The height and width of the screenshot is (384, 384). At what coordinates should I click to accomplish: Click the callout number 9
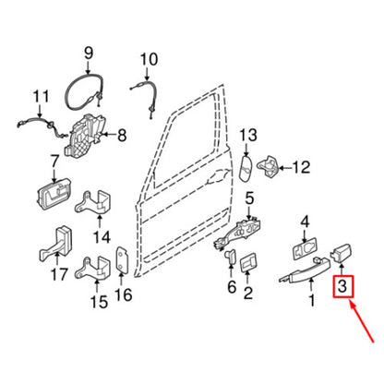[89, 54]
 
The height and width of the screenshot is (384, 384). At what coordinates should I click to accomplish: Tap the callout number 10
[149, 59]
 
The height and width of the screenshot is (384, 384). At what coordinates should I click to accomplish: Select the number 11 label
[41, 97]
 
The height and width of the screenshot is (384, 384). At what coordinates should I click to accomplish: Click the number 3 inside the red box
[342, 286]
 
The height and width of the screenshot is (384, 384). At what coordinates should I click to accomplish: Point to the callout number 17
[59, 274]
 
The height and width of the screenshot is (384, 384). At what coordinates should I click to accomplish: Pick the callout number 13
[248, 135]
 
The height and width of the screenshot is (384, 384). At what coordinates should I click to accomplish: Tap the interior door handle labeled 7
[54, 194]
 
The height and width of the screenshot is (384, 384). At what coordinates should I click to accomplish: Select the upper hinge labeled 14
[93, 202]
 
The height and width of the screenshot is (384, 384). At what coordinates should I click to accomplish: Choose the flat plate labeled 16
[122, 260]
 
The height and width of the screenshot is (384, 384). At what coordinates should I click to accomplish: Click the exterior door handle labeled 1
[305, 270]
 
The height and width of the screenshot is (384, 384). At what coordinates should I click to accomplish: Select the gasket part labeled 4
[305, 249]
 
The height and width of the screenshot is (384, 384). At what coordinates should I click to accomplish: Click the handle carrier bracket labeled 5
[239, 234]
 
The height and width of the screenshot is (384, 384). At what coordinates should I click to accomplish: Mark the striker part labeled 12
[269, 167]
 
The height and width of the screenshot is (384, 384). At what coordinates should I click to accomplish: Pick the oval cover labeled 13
[246, 168]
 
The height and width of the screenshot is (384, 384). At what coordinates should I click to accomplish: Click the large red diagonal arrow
[361, 322]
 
